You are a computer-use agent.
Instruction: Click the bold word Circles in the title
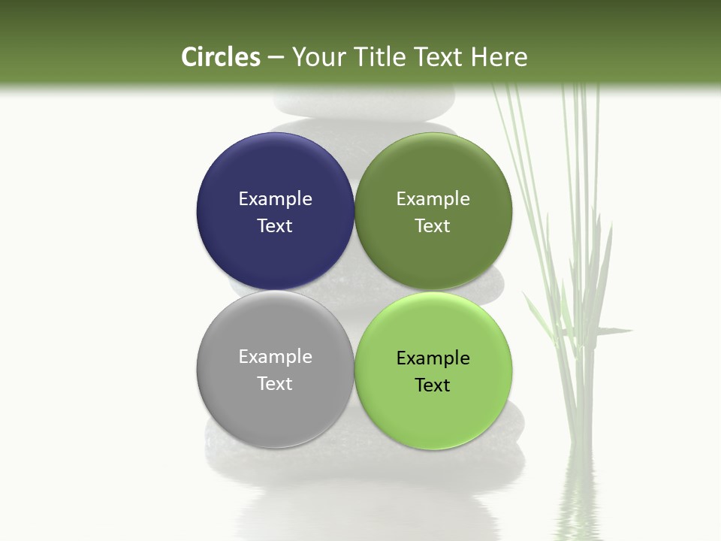(221, 57)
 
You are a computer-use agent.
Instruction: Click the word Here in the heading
(500, 57)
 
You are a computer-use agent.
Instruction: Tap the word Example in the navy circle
(275, 198)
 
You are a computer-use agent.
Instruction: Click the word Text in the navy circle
(275, 225)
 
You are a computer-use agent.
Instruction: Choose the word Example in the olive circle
(433, 198)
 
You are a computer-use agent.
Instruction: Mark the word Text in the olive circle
(433, 225)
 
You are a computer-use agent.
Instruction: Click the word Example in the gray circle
(275, 356)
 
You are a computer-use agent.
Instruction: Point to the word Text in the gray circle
(275, 383)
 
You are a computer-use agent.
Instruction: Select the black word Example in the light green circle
(433, 358)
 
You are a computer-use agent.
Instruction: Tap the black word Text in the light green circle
(433, 385)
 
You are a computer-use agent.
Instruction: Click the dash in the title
(275, 57)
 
